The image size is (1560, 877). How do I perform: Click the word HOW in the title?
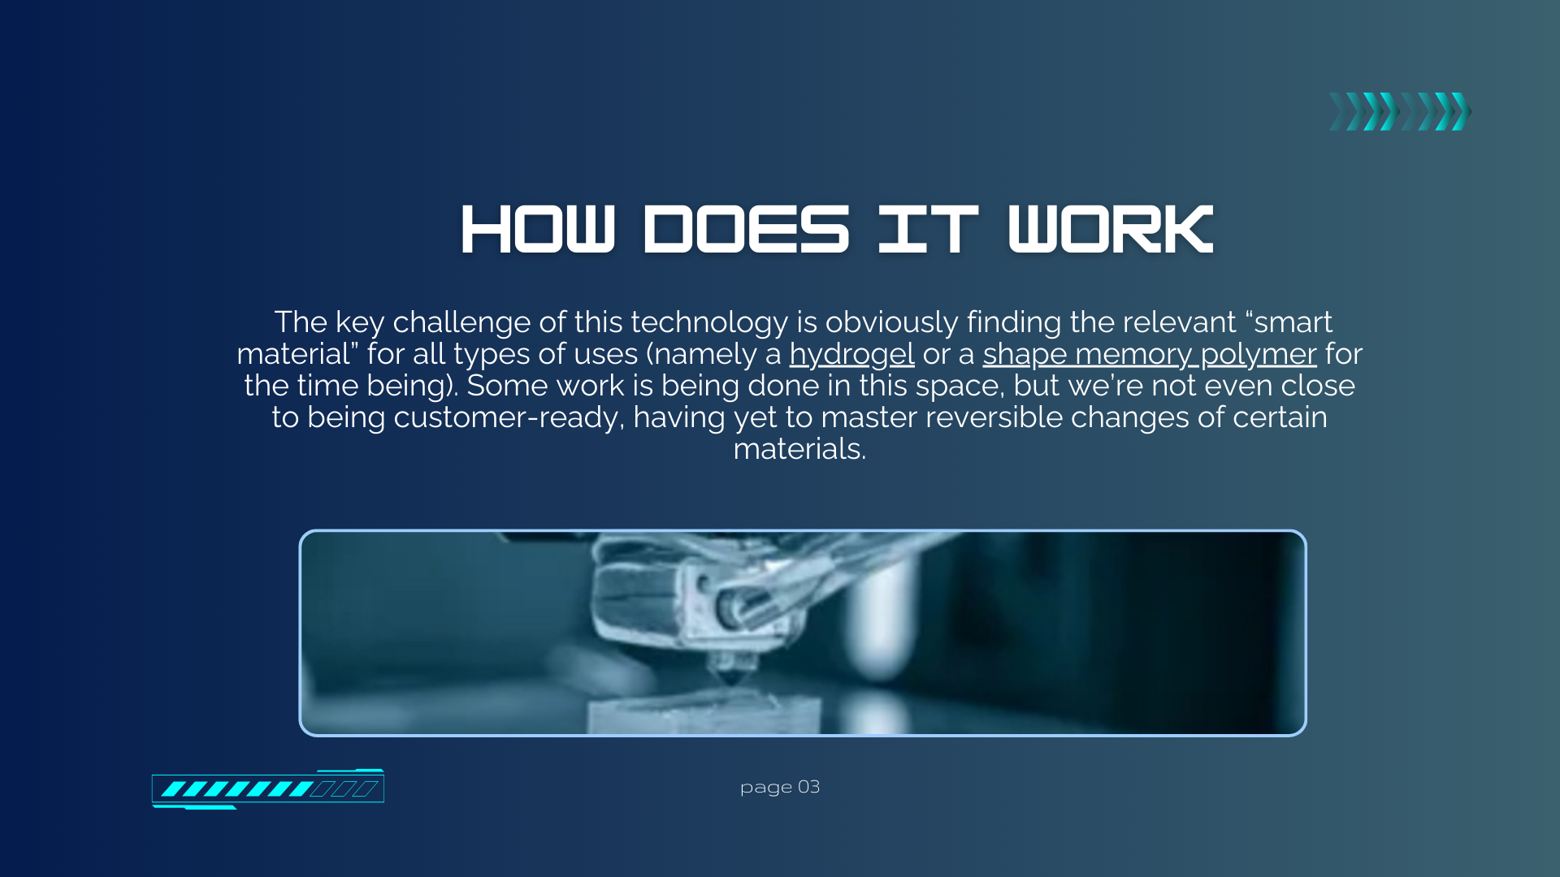[538, 230]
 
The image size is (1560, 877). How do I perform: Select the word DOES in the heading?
[747, 230]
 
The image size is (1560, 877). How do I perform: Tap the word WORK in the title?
[1111, 230]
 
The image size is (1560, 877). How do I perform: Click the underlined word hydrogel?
[851, 355]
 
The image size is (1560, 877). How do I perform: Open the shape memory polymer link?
[1149, 355]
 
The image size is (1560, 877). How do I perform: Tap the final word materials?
[799, 449]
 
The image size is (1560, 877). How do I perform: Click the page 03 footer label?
[780, 787]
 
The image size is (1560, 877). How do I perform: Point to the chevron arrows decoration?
[1400, 111]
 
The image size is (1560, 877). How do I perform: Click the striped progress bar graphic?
[268, 788]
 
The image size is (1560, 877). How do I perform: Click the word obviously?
[891, 323]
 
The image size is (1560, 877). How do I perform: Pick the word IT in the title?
[928, 230]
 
